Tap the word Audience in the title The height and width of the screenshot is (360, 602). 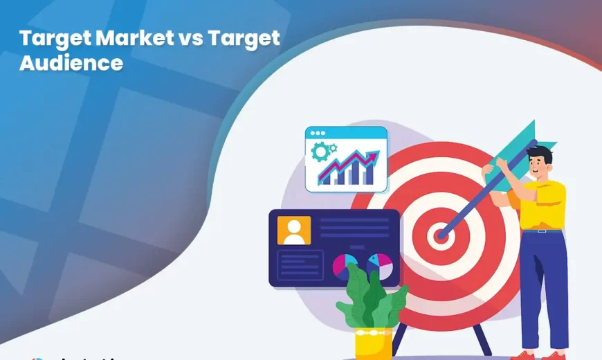coord(71,62)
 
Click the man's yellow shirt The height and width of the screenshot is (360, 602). coord(544,204)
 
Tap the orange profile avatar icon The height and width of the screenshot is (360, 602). coord(294,231)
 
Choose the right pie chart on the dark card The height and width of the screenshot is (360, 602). coord(379,266)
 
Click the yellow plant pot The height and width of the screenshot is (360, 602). coord(374,343)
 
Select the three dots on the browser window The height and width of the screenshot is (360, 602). coord(319,132)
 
